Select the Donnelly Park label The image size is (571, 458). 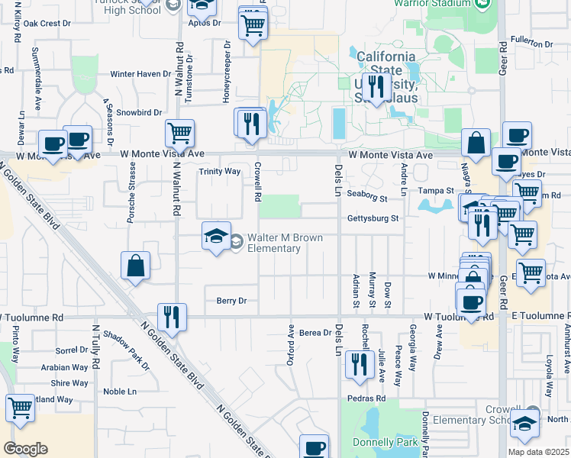(386, 442)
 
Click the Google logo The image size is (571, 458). (25, 449)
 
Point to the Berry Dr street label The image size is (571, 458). (231, 301)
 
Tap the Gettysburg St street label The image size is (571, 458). (374, 218)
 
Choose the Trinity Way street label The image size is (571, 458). (220, 172)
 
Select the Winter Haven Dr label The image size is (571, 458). (141, 74)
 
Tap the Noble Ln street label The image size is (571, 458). (120, 392)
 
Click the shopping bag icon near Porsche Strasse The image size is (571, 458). (135, 266)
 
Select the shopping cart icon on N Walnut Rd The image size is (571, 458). (179, 133)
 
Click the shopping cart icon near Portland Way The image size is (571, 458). (20, 408)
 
